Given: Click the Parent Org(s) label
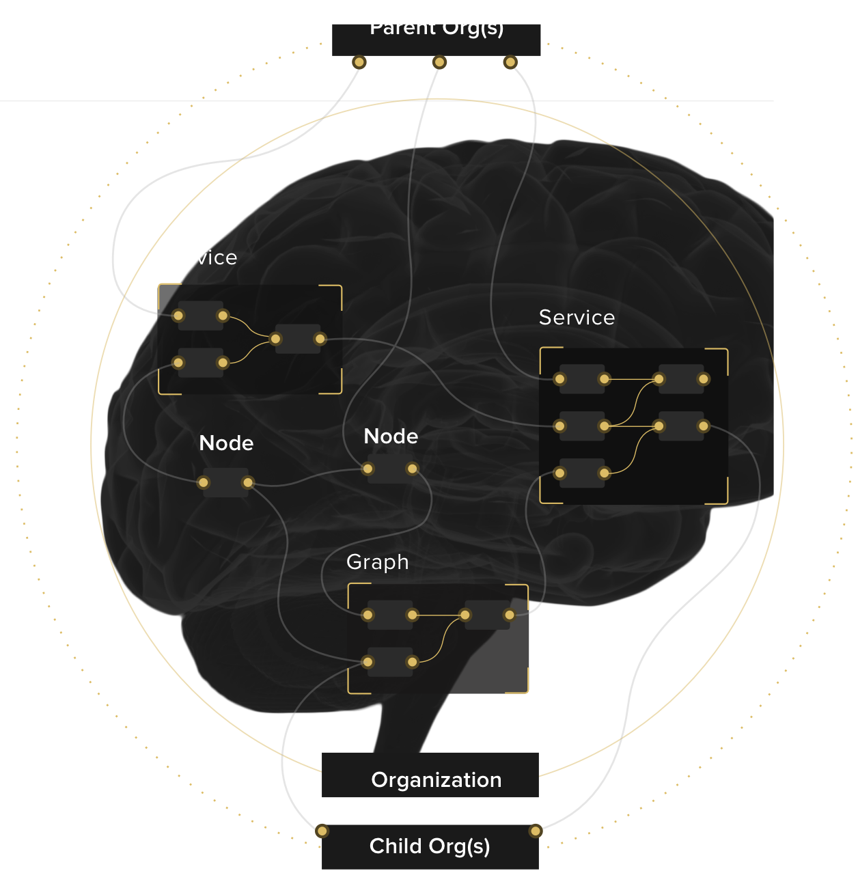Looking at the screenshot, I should pyautogui.click(x=437, y=28).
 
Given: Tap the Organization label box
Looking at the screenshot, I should pyautogui.click(x=430, y=776).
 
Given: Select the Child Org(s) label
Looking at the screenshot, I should pyautogui.click(x=430, y=846).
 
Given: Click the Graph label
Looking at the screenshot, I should pyautogui.click(x=377, y=562).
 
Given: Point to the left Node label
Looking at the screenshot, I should pyautogui.click(x=226, y=443).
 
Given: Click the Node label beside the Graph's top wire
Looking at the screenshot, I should pyautogui.click(x=391, y=436).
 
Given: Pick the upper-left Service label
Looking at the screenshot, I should pyautogui.click(x=199, y=258).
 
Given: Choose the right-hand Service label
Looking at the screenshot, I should pyautogui.click(x=577, y=318).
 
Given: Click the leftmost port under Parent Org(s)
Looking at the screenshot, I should pyautogui.click(x=359, y=63).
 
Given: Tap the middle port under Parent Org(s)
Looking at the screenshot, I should pyautogui.click(x=439, y=63).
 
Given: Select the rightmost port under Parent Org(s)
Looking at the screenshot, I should pyautogui.click(x=510, y=63).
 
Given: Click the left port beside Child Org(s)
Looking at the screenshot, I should pyautogui.click(x=322, y=831).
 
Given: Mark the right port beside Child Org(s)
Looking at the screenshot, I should pyautogui.click(x=536, y=831).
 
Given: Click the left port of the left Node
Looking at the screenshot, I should pyautogui.click(x=204, y=483).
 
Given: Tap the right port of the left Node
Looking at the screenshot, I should pyautogui.click(x=248, y=483).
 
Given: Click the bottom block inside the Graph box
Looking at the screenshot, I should pyautogui.click(x=390, y=662).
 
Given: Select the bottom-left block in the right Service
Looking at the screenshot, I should pyautogui.click(x=582, y=473).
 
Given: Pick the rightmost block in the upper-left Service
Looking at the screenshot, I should pyautogui.click(x=298, y=339).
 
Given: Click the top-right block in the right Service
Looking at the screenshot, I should pyautogui.click(x=681, y=379).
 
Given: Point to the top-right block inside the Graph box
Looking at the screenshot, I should pyautogui.click(x=487, y=615).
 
